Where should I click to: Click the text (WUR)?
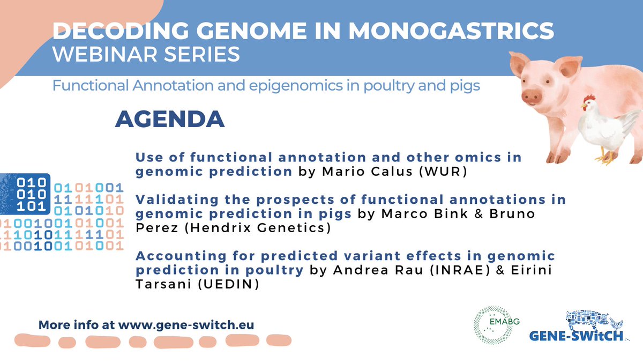[401, 172]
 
